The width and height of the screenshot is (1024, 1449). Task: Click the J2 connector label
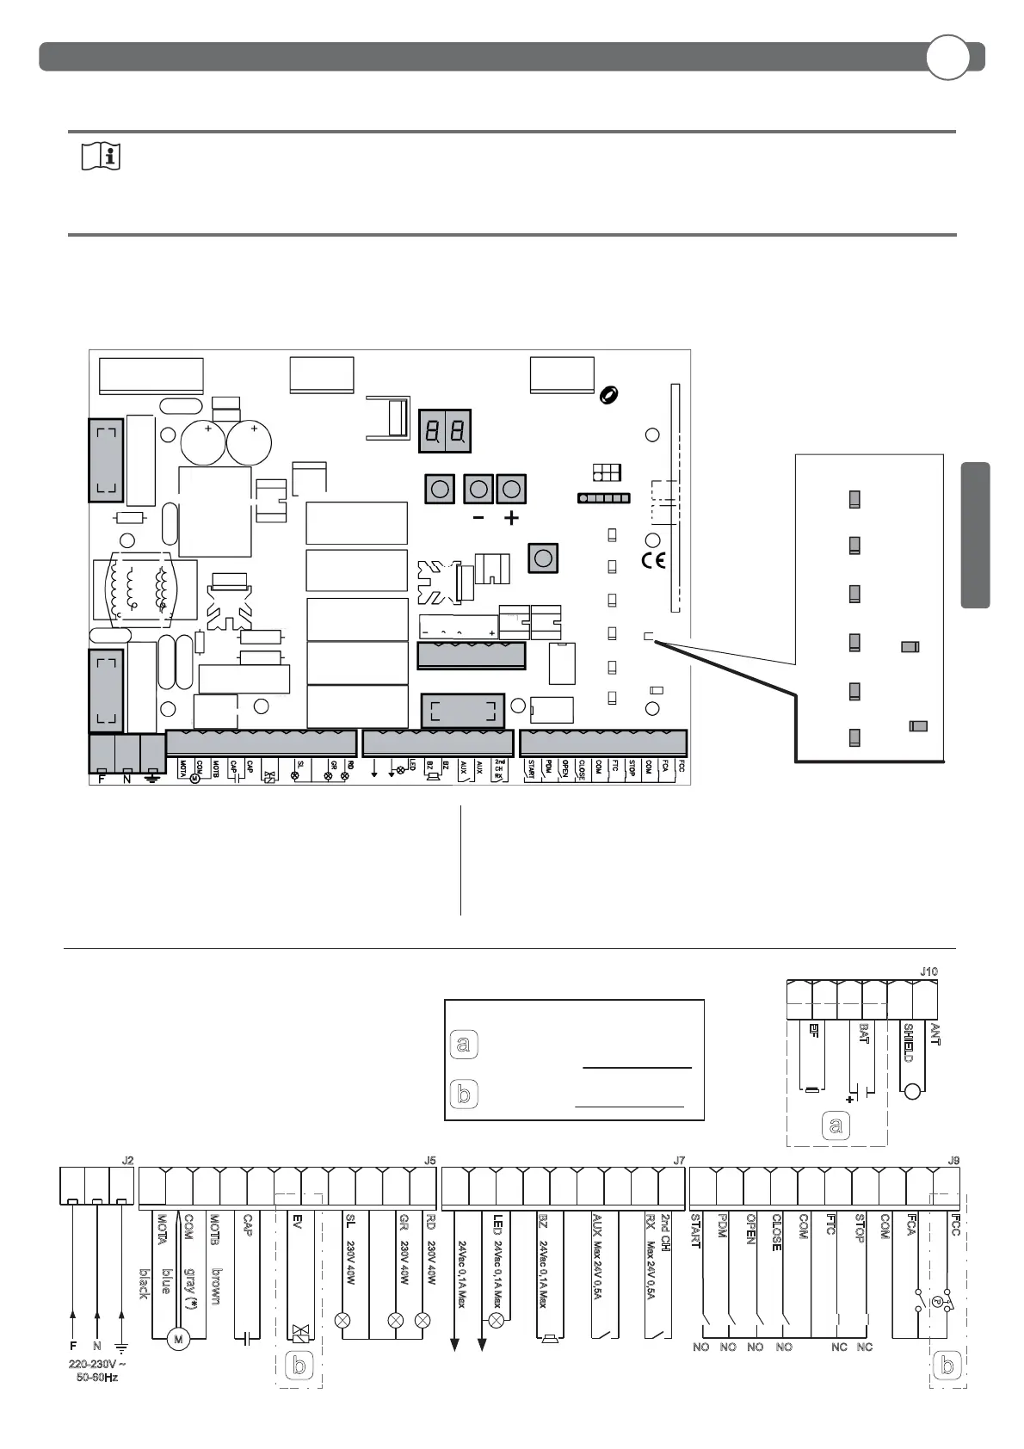point(127,1160)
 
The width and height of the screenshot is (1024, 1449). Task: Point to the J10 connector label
point(928,971)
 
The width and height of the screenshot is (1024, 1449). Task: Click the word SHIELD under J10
point(908,1042)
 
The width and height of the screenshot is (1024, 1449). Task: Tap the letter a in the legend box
point(464,1045)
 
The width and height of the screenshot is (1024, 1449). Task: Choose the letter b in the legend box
point(464,1094)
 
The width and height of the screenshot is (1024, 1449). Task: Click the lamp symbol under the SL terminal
point(342,1320)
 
